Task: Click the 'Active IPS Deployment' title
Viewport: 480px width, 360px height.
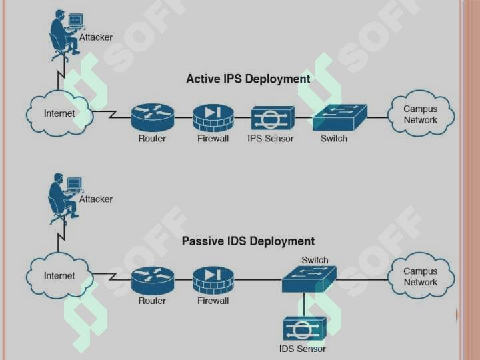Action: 248,79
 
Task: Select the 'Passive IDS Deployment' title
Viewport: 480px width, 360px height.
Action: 248,241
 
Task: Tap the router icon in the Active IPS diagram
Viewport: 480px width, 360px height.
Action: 152,117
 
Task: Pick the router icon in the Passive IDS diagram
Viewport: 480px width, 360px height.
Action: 152,279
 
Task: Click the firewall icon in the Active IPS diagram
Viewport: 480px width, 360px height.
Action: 213,117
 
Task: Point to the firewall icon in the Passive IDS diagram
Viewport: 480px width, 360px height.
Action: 213,279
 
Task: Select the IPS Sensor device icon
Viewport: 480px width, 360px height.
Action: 273,118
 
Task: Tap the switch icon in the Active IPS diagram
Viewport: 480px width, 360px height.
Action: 339,117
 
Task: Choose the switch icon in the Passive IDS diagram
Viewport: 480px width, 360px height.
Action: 309,279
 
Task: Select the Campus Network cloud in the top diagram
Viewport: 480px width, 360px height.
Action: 421,114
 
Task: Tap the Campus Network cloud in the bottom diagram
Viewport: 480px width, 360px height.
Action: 421,277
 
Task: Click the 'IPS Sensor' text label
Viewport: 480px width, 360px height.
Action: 270,139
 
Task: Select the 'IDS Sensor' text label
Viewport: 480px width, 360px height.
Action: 303,349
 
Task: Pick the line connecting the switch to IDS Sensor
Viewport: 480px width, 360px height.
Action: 304,304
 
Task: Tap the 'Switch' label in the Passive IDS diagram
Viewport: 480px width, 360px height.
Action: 315,260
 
